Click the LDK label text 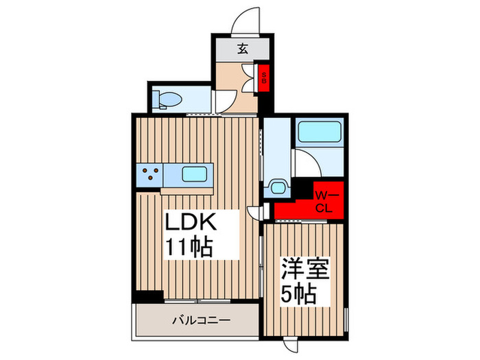pyautogui.click(x=191, y=221)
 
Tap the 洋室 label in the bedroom pyautogui.click(x=305, y=269)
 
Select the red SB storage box pyautogui.click(x=263, y=77)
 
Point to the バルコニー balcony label pyautogui.click(x=201, y=320)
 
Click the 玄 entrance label pyautogui.click(x=243, y=49)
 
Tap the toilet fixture pyautogui.click(x=167, y=100)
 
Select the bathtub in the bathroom pyautogui.click(x=320, y=132)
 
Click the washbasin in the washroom pyautogui.click(x=277, y=187)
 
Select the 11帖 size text pyautogui.click(x=189, y=247)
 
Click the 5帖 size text pyautogui.click(x=298, y=295)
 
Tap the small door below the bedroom pyautogui.click(x=290, y=344)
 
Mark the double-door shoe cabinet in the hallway pyautogui.click(x=248, y=78)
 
